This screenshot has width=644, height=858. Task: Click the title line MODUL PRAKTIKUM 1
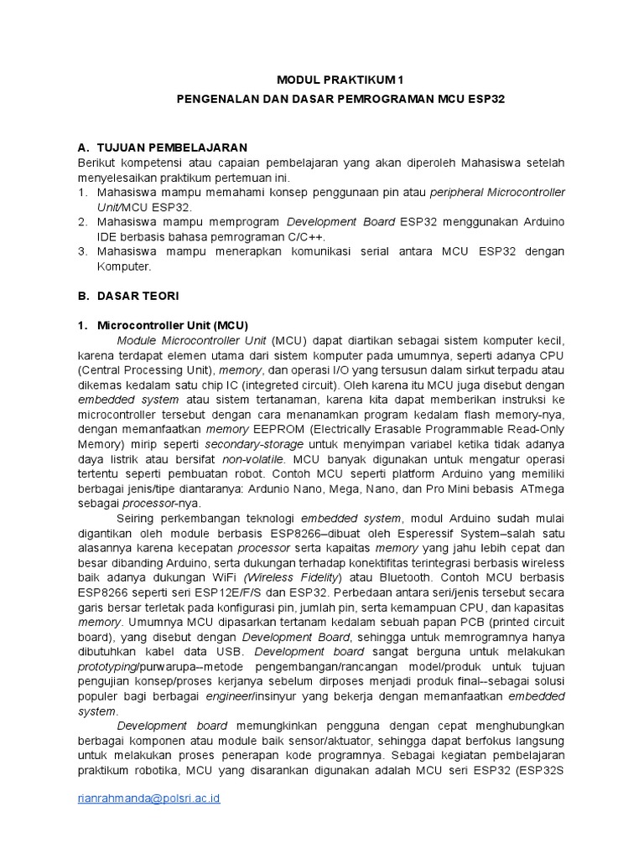click(340, 80)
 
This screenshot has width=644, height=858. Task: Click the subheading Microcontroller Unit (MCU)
click(173, 325)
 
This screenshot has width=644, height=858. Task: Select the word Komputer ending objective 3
click(123, 266)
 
